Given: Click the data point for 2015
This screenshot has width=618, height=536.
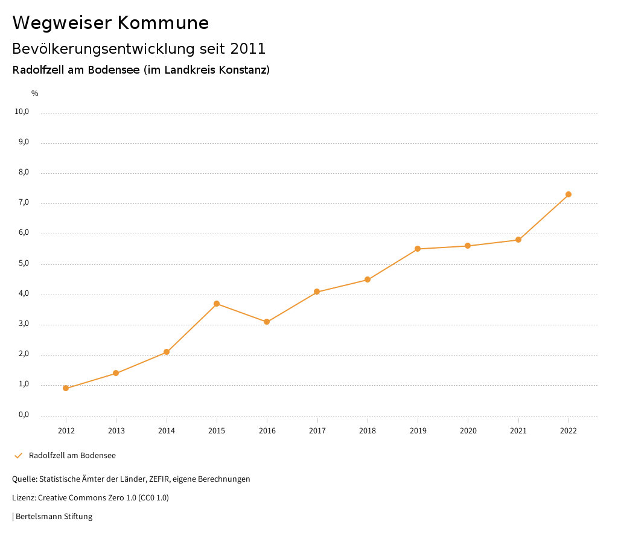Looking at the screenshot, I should [217, 304].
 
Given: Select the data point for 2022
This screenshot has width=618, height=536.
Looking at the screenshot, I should [569, 194].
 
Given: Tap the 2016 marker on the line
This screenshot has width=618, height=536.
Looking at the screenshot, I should [267, 322].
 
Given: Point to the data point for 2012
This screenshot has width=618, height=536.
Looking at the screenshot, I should [66, 388].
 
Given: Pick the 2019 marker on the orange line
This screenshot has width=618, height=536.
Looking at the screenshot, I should [418, 249].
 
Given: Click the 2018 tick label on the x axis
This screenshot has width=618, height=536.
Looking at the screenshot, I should [368, 431].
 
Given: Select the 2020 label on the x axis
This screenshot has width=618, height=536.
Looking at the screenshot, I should [468, 431].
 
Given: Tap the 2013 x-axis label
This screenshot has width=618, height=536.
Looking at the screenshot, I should [116, 431].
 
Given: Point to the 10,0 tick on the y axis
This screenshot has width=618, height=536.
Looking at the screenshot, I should [22, 112].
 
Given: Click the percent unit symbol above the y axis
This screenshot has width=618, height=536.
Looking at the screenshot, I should [35, 94].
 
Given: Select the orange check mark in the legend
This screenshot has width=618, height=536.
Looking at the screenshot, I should [18, 456].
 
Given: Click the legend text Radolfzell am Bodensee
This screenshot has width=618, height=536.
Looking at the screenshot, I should [72, 456].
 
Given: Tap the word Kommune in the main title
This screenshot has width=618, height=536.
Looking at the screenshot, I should [163, 23].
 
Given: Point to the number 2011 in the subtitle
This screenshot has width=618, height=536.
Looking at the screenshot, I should [248, 48].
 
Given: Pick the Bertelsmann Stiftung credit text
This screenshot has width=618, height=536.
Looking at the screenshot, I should [54, 517].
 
